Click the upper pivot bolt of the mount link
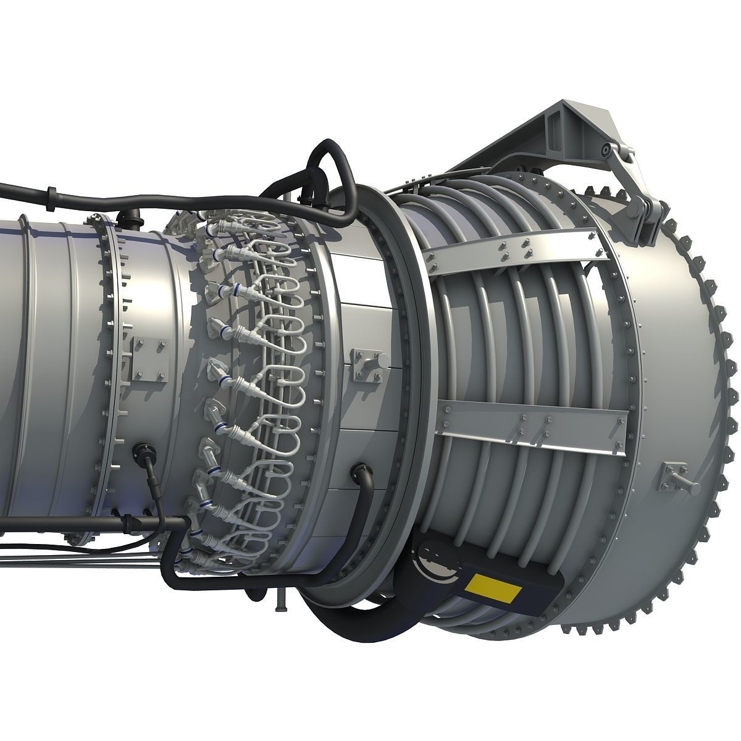click(607, 150)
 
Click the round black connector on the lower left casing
click(143, 454)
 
